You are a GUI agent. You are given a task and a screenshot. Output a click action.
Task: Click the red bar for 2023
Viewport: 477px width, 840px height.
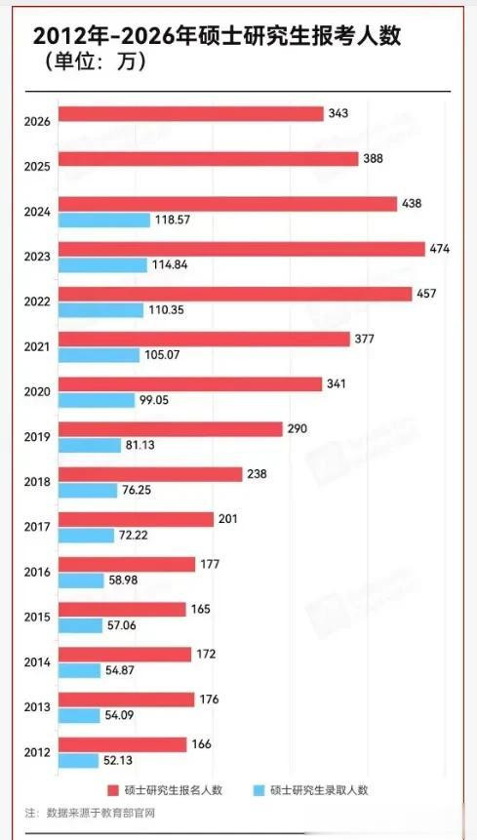click(242, 249)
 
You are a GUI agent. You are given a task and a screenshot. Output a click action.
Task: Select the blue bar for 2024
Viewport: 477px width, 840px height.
click(103, 220)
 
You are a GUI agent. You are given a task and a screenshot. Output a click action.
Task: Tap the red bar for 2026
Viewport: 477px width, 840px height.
click(191, 114)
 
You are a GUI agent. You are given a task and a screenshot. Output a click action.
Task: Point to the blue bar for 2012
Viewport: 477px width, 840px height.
click(78, 760)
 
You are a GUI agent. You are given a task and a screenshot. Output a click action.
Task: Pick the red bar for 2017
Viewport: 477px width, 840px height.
click(136, 519)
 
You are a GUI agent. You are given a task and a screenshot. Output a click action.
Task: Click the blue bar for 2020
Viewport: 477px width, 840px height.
click(97, 400)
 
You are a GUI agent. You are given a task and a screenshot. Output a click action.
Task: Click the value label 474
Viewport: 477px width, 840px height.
click(440, 249)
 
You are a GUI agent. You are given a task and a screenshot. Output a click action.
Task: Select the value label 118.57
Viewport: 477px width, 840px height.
click(173, 220)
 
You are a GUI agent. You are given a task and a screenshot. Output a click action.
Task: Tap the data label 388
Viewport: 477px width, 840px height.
click(374, 159)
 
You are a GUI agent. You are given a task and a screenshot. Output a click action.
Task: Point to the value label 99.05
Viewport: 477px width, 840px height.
click(155, 400)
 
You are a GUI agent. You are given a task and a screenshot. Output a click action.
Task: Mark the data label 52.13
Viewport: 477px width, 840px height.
click(119, 760)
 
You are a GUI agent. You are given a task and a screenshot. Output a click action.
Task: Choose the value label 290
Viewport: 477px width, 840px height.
click(298, 429)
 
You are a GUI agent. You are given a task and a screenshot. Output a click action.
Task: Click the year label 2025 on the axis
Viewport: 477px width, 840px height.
click(37, 167)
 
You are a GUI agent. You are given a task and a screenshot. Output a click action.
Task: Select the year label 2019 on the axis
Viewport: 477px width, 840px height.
click(37, 437)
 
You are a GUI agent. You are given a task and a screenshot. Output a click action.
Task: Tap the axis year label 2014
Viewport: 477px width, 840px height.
click(37, 661)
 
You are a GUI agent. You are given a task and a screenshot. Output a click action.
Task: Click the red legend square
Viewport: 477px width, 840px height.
click(112, 790)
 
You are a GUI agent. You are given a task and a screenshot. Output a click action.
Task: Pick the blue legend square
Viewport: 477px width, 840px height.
click(259, 790)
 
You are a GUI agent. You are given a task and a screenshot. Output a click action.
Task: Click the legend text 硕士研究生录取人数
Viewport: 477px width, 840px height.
click(320, 790)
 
